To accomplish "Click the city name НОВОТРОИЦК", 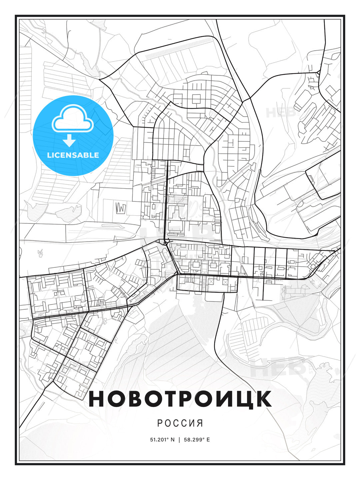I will point(180,399).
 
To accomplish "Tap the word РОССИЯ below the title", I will point(180,423).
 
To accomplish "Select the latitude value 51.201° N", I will point(162,440).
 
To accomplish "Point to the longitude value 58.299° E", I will point(198,440).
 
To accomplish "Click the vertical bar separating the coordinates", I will point(180,440).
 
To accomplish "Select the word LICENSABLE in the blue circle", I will point(73,155).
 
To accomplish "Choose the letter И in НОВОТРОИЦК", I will point(225,399).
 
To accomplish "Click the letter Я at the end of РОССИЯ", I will point(200,423).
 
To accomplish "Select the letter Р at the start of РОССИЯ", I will point(160,423).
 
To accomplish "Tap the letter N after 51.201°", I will point(172,440).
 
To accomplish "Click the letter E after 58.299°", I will point(208,440).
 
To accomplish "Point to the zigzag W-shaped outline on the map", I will point(121,208).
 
